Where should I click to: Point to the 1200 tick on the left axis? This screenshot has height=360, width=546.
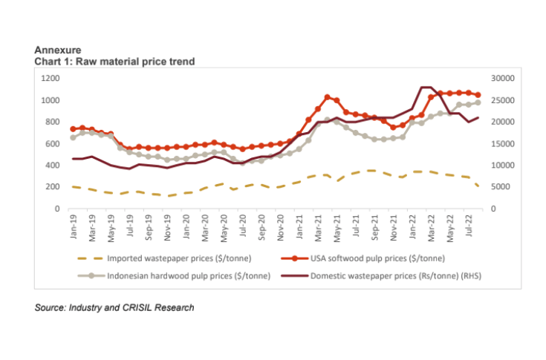tap(49, 78)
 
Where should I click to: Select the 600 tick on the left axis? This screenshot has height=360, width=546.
tap(51, 144)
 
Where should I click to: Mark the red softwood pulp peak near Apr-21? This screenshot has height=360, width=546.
tap(327, 97)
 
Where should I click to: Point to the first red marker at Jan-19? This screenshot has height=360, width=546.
tap(74, 129)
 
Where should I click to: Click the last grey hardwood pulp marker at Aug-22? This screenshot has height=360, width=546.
tap(478, 102)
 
